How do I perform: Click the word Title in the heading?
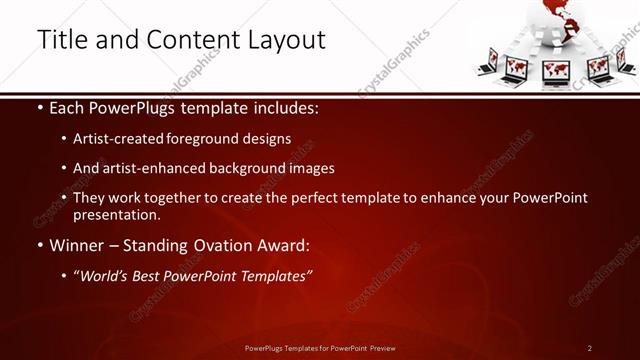pos(62,39)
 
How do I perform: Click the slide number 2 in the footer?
pos(589,348)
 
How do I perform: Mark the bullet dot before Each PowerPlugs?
pos(39,107)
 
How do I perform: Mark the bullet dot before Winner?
pos(39,245)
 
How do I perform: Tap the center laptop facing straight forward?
pos(556,72)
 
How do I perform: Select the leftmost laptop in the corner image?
pos(487,63)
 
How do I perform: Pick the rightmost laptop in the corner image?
pos(626,63)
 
